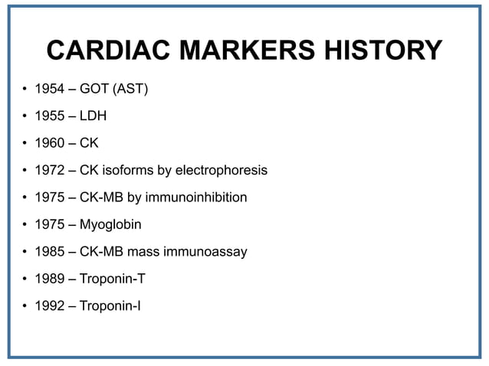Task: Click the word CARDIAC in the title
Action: click(x=108, y=51)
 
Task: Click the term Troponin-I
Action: click(x=111, y=306)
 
